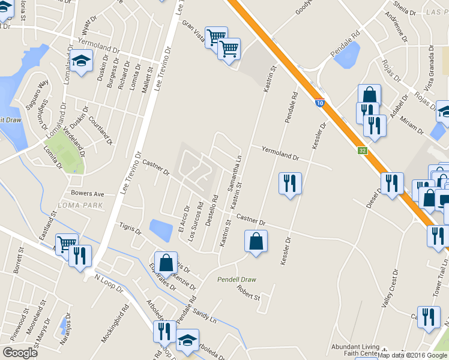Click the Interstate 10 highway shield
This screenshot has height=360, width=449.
(320, 103)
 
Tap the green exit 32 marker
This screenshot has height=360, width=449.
(362, 151)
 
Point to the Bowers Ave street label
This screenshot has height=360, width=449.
(88, 194)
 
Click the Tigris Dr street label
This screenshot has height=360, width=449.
(130, 229)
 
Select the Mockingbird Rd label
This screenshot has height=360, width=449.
(115, 325)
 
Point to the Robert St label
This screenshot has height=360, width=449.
(249, 296)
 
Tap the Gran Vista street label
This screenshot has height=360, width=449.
(193, 32)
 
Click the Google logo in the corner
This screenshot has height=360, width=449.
(20, 352)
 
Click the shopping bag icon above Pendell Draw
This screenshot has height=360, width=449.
(256, 241)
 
